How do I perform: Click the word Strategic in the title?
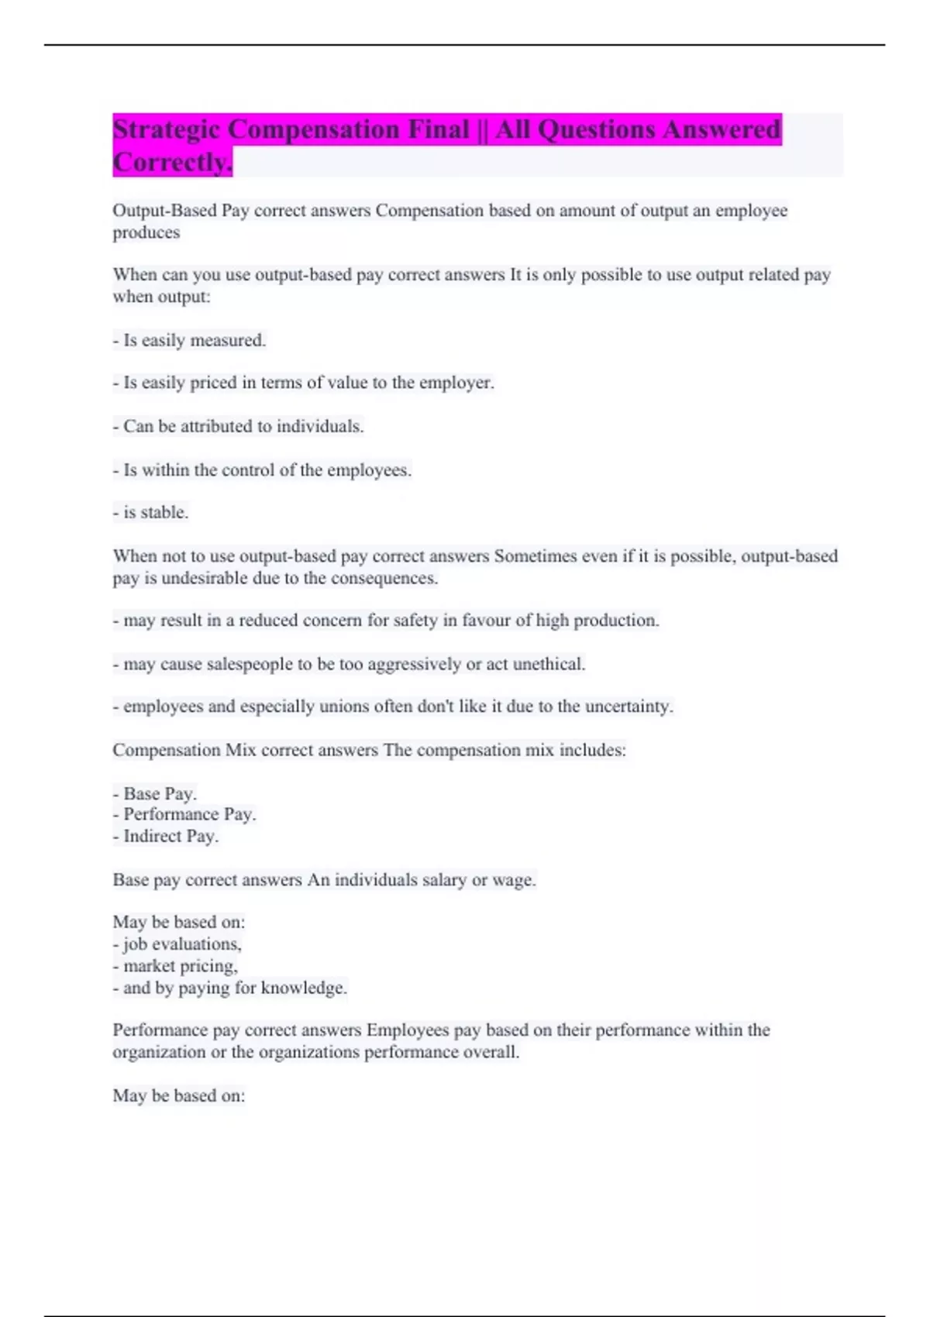tap(167, 130)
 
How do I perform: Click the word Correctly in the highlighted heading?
tap(172, 163)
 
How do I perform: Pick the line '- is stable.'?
tap(150, 512)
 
